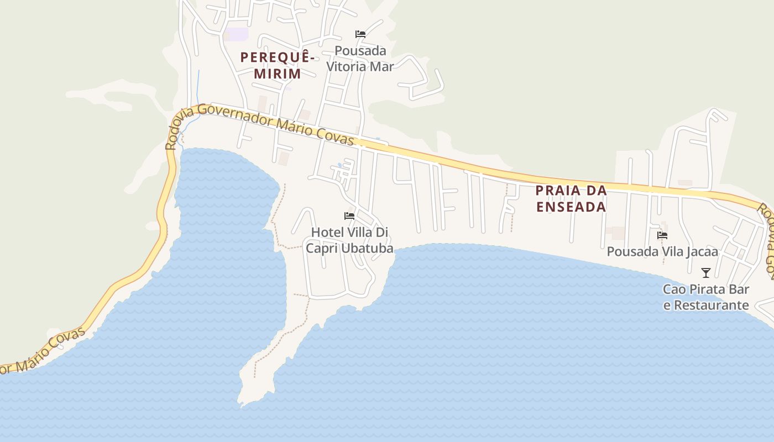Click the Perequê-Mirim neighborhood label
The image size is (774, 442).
tap(278, 65)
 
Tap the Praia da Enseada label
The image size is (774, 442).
tap(571, 199)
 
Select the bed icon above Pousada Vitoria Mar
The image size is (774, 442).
tap(360, 34)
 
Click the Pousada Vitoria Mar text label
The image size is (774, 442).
tap(360, 59)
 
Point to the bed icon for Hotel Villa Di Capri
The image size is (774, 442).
tap(349, 215)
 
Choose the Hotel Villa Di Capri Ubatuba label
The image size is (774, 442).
tap(350, 240)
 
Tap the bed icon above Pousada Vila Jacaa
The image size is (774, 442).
tap(662, 235)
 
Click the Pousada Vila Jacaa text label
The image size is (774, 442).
tap(662, 252)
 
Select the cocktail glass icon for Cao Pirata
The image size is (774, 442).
tap(706, 272)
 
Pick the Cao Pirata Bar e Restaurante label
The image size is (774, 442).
tap(706, 297)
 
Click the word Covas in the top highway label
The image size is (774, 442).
tap(336, 136)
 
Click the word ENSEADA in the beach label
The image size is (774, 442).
tap(571, 207)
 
